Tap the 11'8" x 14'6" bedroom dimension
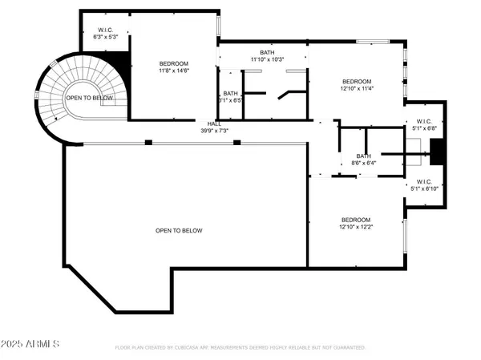173,71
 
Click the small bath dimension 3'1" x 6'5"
231,101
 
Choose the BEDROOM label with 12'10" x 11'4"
357,81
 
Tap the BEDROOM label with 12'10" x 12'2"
357,220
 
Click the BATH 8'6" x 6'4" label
364,156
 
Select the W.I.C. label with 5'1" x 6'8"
424,121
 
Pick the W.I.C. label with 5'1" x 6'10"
424,182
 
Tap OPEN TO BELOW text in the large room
179,231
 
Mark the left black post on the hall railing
148,142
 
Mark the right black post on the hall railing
236,142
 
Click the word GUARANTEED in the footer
347,348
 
